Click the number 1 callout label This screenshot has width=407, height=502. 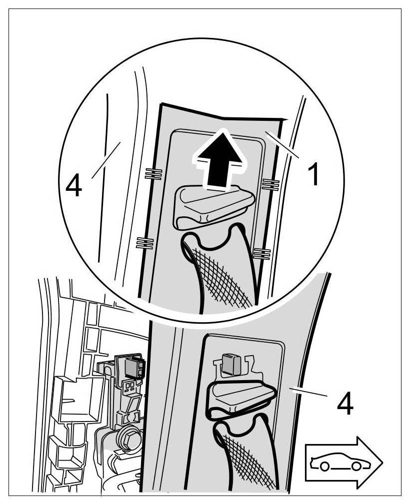pyautogui.click(x=313, y=174)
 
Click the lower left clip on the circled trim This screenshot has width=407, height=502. pyautogui.click(x=145, y=243)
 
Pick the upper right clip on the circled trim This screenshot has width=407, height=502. pyautogui.click(x=270, y=185)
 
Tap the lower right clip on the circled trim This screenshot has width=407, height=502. pyautogui.click(x=262, y=254)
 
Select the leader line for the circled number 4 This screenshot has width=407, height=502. pyautogui.click(x=106, y=160)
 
